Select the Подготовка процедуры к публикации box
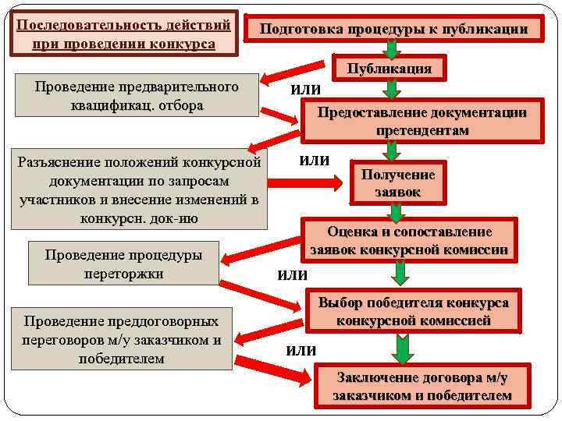click(x=394, y=30)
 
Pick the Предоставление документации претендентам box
click(x=421, y=122)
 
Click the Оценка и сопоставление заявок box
click(x=409, y=241)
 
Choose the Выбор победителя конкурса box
click(x=413, y=312)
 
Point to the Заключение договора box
click(x=421, y=387)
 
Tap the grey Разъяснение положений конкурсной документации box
click(x=139, y=189)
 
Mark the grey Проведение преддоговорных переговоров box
click(x=122, y=340)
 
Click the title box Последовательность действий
click(x=124, y=33)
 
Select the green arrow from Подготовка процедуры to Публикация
click(x=393, y=48)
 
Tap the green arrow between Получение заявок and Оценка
click(x=396, y=211)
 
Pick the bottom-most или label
click(x=301, y=349)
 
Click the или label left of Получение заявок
click(x=315, y=161)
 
